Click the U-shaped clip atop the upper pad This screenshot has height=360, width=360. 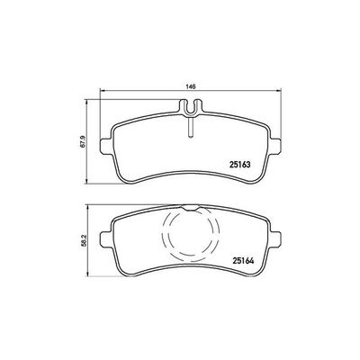(191, 108)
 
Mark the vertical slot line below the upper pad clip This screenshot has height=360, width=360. (191, 127)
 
